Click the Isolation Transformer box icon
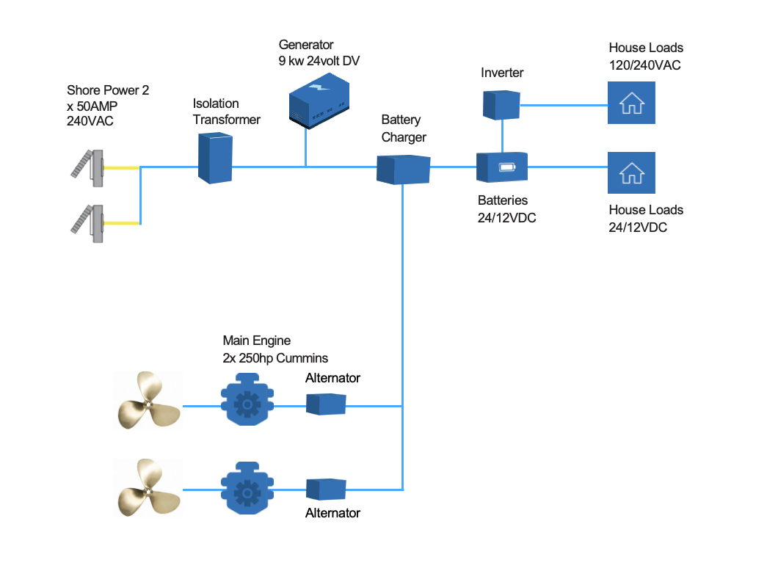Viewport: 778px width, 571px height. coord(216,158)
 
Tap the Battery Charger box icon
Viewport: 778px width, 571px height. coord(403,169)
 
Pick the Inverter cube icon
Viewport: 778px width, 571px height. coord(501,104)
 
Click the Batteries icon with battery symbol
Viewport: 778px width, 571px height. coord(503,167)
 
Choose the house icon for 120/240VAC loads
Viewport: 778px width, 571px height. coord(631,102)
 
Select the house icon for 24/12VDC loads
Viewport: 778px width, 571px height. coord(631,172)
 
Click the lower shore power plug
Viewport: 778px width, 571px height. coord(87,221)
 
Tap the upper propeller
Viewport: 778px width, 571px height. coord(148,401)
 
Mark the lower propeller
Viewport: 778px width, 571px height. coord(148,487)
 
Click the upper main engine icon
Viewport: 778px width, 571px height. coord(248,402)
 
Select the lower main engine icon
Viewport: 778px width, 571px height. coord(248,487)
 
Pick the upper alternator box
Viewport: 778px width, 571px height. coord(326,404)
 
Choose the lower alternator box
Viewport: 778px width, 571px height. coord(326,489)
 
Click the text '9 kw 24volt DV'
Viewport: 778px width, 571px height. coord(319,61)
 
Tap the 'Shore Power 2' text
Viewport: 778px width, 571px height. coord(108,90)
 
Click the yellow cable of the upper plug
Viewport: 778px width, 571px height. coord(121,167)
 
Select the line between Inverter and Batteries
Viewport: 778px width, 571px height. coord(502,136)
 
